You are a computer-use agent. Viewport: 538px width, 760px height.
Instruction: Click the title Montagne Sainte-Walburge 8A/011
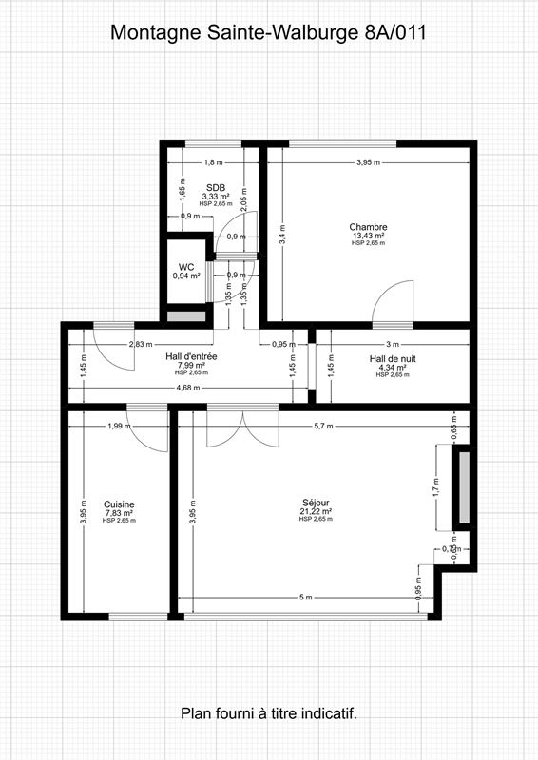(x=268, y=31)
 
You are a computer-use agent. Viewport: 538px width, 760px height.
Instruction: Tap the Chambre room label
(x=368, y=227)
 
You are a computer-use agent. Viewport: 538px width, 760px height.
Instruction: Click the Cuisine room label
(x=119, y=504)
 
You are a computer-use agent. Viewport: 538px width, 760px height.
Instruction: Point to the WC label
(x=185, y=267)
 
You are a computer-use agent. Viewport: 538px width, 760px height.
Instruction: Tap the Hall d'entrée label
(x=191, y=356)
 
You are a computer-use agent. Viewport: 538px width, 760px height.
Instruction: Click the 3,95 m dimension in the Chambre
(x=368, y=162)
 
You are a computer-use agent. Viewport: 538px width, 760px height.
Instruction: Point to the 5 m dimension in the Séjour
(x=304, y=597)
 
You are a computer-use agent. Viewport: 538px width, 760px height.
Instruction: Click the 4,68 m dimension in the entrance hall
(x=188, y=388)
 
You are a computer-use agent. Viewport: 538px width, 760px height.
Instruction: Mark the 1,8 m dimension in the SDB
(x=213, y=162)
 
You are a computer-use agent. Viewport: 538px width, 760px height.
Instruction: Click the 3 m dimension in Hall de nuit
(x=393, y=343)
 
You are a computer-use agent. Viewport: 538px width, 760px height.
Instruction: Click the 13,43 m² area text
(x=368, y=236)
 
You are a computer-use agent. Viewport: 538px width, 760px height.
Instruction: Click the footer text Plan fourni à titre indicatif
(x=268, y=712)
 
